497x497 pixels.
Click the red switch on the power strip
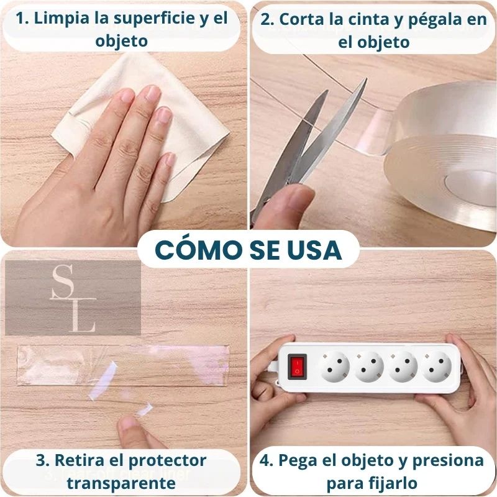pos(298,367)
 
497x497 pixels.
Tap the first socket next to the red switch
pos(335,367)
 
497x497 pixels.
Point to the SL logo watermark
pos(73,298)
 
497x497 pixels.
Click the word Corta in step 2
pos(305,19)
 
